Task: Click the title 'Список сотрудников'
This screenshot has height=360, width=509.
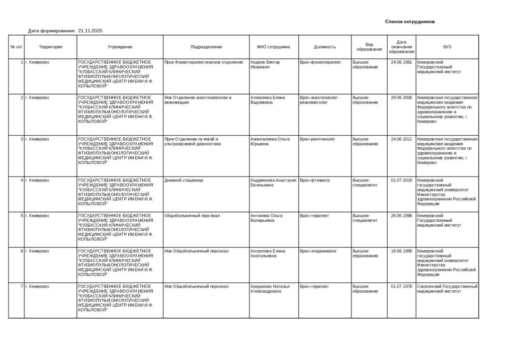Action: tap(410, 22)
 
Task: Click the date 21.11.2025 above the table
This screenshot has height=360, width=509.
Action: tap(90, 31)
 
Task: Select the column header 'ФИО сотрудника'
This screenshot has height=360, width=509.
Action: tap(273, 47)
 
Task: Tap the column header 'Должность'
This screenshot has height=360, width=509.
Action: tap(325, 47)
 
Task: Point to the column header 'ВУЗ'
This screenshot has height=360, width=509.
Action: tap(447, 47)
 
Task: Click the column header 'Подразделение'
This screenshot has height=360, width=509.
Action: tap(206, 47)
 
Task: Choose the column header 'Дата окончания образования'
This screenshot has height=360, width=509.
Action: tap(401, 47)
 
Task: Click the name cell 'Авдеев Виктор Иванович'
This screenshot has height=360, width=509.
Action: tap(265, 65)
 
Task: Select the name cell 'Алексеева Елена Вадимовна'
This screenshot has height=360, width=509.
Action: tap(268, 100)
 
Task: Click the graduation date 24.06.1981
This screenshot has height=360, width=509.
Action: tap(401, 62)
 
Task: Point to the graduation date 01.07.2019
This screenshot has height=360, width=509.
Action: tap(401, 180)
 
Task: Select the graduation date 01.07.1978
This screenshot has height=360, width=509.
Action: tap(401, 286)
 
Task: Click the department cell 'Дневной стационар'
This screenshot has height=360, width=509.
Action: tap(183, 180)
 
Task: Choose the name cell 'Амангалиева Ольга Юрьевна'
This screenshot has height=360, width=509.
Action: tap(270, 141)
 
